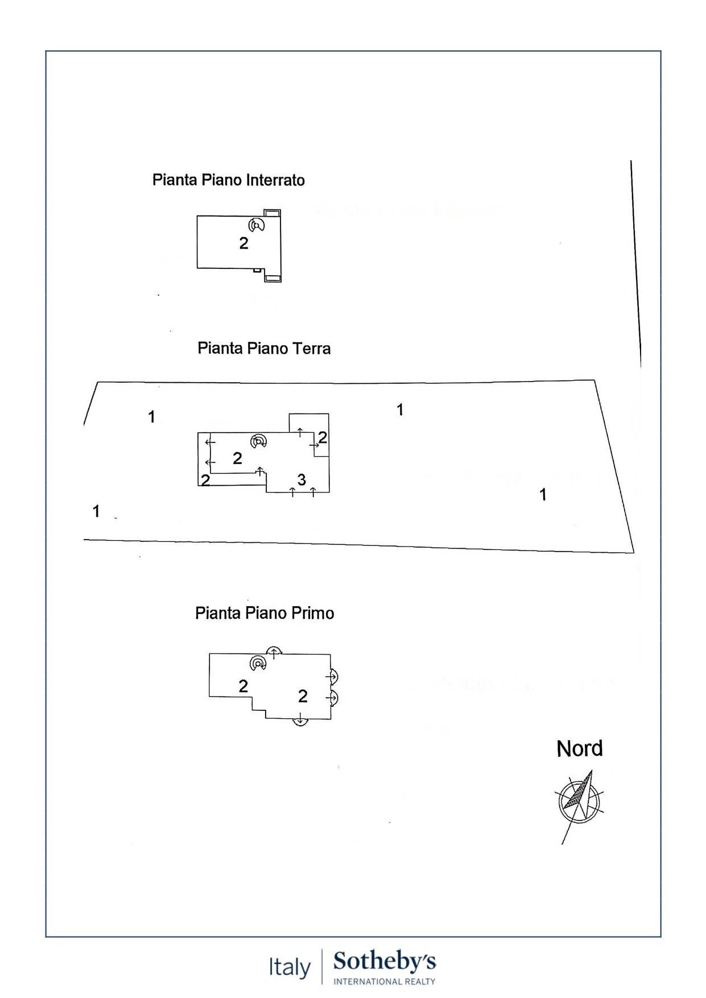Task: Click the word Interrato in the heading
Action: (275, 180)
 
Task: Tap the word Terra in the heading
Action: (311, 348)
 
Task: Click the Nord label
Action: (579, 749)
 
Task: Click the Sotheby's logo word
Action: (385, 961)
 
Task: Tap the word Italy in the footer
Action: (290, 967)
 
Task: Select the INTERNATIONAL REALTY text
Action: (385, 981)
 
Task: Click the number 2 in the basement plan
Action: (243, 243)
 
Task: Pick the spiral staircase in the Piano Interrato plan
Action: (257, 225)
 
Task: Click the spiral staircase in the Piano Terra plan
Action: (259, 441)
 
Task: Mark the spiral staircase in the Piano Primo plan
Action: (258, 663)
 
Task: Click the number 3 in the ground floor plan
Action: (302, 480)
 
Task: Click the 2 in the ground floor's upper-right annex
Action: (323, 437)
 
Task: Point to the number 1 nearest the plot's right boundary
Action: (543, 495)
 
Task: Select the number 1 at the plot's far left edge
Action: (96, 511)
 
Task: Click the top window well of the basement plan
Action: (272, 213)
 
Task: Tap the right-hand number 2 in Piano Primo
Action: (303, 695)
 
